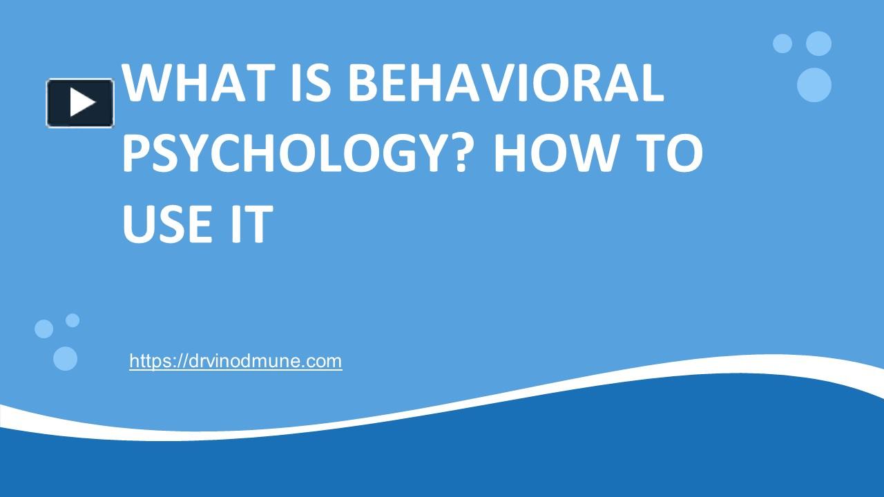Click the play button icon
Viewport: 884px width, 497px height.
click(x=80, y=103)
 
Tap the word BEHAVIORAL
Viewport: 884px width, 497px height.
click(x=506, y=83)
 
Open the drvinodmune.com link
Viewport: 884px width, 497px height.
click(x=236, y=360)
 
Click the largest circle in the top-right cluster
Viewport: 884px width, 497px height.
click(x=814, y=85)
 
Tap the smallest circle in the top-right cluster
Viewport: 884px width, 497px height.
click(x=782, y=43)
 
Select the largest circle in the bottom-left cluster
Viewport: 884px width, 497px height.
click(x=65, y=358)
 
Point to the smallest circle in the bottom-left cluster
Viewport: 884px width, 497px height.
click(x=73, y=320)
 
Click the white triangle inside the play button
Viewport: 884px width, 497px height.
click(x=82, y=103)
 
